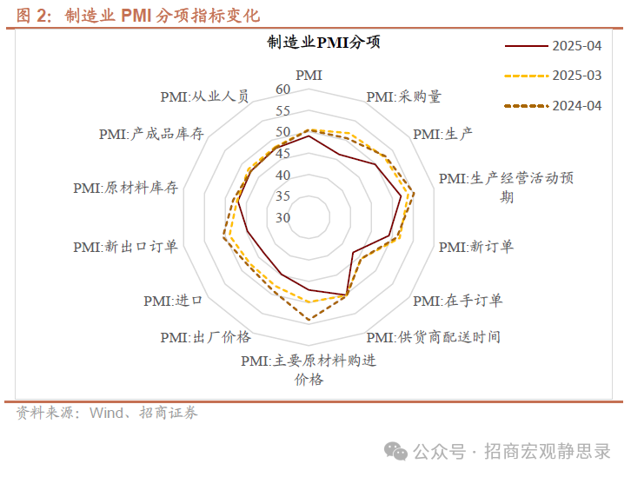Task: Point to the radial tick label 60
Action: (283, 90)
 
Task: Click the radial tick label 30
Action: (283, 217)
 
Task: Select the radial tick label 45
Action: (283, 154)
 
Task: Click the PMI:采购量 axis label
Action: (403, 96)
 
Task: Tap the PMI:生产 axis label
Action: (442, 134)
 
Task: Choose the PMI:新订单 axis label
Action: (475, 247)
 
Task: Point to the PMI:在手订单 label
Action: (457, 301)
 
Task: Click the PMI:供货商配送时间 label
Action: (433, 337)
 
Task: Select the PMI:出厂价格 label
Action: (205, 337)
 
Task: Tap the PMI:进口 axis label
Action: (173, 301)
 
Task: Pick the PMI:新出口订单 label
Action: (126, 247)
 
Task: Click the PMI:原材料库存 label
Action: (126, 188)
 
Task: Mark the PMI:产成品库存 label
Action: (151, 134)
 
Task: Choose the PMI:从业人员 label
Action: (205, 96)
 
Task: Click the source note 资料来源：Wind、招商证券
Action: (108, 413)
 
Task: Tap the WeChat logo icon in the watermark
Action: (396, 451)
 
